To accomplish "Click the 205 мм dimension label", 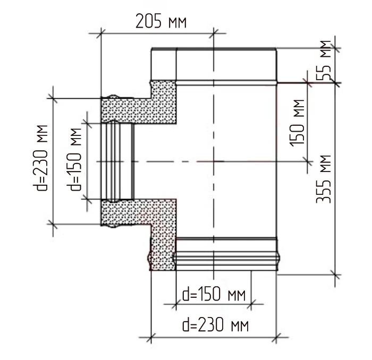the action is [x=161, y=22].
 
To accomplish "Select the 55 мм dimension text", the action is [x=324, y=60].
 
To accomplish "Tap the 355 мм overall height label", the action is [x=324, y=179].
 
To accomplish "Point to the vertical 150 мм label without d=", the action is [x=297, y=123].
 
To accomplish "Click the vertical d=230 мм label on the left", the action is [x=40, y=158].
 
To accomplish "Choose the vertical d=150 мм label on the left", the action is [x=74, y=159].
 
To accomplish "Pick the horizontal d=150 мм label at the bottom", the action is [x=214, y=294].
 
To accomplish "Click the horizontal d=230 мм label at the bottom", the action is [x=216, y=325].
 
